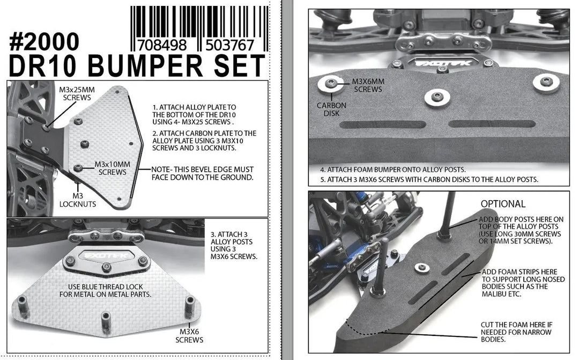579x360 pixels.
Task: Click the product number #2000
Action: click(x=44, y=41)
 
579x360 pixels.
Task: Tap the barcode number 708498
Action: click(x=162, y=46)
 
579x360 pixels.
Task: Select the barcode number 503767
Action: click(x=229, y=46)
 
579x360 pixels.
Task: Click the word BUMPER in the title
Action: click(x=145, y=66)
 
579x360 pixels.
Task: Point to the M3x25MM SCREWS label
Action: click(x=77, y=93)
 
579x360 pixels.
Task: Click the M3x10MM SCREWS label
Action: click(x=112, y=168)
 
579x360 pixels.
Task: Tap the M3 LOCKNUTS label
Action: click(x=78, y=200)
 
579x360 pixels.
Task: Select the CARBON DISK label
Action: click(x=331, y=109)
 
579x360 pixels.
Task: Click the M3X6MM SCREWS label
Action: click(x=368, y=85)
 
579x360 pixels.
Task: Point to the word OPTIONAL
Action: click(x=503, y=204)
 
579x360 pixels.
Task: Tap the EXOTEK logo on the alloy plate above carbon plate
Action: click(x=106, y=255)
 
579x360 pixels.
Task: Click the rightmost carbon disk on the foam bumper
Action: click(x=546, y=83)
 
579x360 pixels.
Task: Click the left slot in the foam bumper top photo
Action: click(x=383, y=124)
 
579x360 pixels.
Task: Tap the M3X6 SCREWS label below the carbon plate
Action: click(x=189, y=336)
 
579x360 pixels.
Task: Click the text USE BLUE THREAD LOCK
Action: click(x=105, y=287)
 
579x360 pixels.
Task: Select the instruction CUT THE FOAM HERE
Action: click(x=517, y=325)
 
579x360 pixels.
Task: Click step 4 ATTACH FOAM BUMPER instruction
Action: click(x=393, y=170)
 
